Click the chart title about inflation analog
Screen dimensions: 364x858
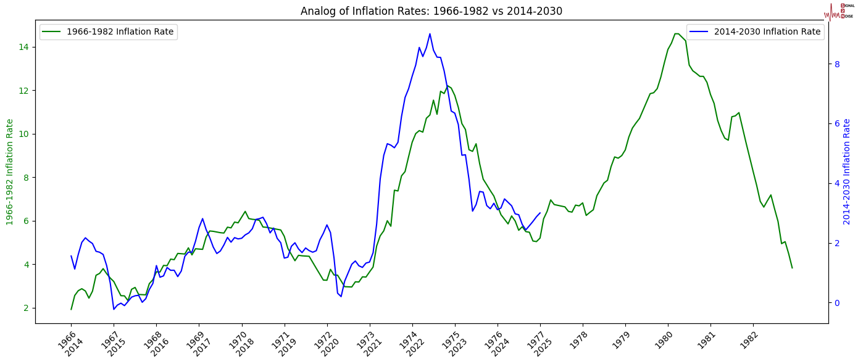click(x=431, y=11)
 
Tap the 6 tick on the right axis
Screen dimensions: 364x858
click(x=836, y=123)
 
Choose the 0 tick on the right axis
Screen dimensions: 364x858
click(x=836, y=303)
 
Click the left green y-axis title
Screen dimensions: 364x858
click(x=10, y=172)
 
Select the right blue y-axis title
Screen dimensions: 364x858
click(x=847, y=172)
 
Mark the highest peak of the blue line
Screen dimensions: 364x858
click(x=430, y=34)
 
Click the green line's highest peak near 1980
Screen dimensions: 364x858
click(x=676, y=33)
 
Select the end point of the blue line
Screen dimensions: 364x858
click(x=540, y=213)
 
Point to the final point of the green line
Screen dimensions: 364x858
click(x=792, y=268)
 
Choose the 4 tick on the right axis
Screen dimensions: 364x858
click(x=836, y=183)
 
